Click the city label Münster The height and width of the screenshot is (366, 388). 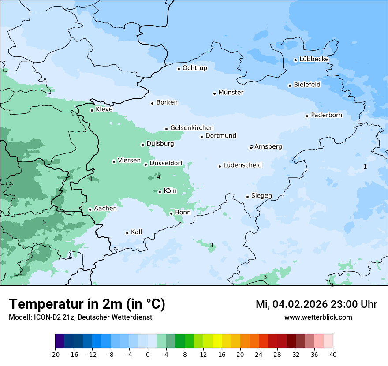click(x=231, y=93)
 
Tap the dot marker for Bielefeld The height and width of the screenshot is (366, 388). click(x=290, y=86)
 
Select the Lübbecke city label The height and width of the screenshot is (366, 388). click(x=314, y=59)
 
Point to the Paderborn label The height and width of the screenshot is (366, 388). click(x=326, y=115)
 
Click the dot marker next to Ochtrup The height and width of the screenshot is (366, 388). click(x=179, y=69)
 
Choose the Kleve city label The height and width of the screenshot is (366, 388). click(x=104, y=109)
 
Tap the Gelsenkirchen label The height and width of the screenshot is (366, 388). click(x=192, y=128)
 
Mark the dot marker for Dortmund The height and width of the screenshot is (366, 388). click(x=202, y=137)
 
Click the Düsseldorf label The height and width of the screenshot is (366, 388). click(x=166, y=163)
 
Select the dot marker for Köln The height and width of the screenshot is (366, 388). click(x=160, y=192)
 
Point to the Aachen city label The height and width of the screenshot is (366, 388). click(x=105, y=209)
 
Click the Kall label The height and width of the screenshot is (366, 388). click(x=136, y=232)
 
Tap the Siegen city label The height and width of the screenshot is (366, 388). click(x=261, y=196)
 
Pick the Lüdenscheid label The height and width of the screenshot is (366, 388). click(x=242, y=165)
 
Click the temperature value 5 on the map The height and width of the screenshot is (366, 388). click(x=44, y=222)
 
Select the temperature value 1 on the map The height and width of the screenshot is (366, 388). click(x=365, y=167)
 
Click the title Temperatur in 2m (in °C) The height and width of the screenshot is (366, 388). click(x=87, y=304)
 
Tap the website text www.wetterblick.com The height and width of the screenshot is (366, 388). click(x=318, y=317)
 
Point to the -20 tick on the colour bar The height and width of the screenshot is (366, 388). click(x=55, y=354)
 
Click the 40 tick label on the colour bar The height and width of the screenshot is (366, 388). click(x=333, y=354)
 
